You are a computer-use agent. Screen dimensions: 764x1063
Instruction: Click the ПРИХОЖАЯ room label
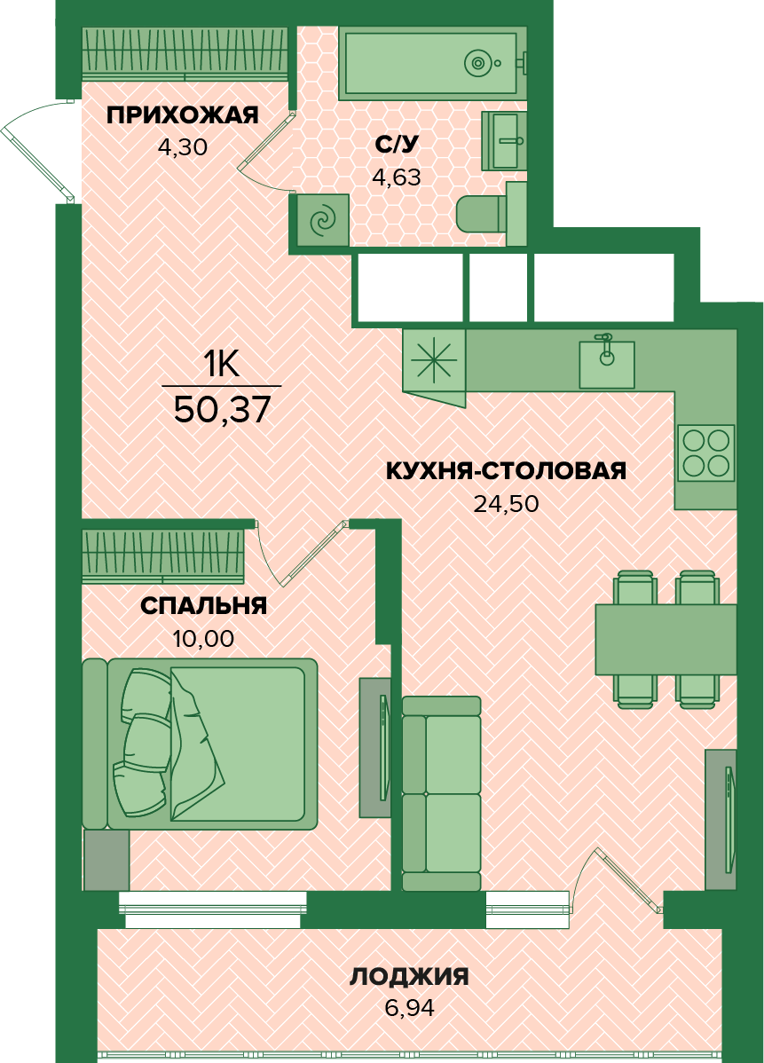tap(183, 115)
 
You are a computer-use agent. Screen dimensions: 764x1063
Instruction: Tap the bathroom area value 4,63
tap(397, 177)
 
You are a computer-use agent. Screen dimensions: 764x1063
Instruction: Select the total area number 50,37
tap(223, 409)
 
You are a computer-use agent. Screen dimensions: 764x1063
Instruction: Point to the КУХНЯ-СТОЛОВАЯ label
tap(506, 470)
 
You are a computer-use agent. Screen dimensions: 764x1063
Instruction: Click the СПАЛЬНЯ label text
tap(203, 605)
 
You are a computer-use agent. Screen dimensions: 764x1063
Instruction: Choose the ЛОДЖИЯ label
tap(409, 977)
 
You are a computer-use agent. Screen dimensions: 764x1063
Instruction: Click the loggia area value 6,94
tap(409, 1008)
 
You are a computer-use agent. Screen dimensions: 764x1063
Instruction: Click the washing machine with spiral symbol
tap(322, 220)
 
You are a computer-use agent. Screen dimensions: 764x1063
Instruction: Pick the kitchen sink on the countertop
tap(606, 364)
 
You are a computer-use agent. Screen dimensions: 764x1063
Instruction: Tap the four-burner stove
tap(705, 453)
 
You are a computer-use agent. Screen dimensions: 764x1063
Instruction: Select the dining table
tap(666, 639)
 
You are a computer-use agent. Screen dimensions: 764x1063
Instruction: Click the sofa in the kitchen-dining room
tap(441, 793)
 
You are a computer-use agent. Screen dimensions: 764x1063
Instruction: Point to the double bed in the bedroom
tap(200, 744)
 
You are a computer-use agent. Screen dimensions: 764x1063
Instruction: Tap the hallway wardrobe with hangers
tap(185, 53)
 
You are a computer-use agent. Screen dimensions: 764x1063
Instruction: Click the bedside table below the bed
tap(106, 860)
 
